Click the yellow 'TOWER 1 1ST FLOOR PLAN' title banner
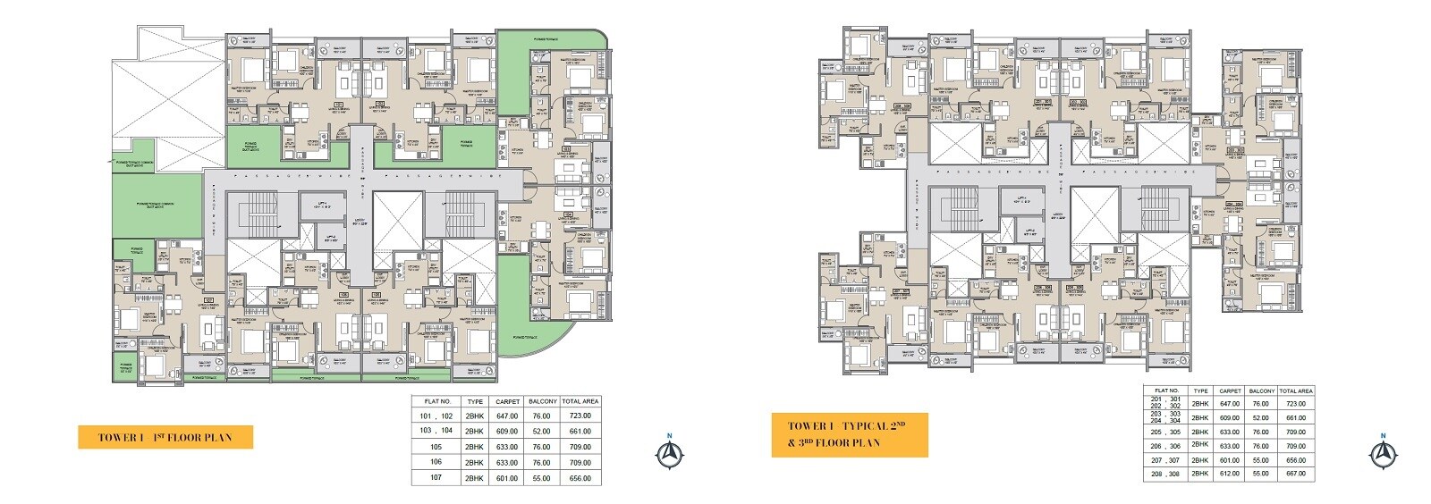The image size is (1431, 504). pos(165,437)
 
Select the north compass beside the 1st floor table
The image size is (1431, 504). pos(666,453)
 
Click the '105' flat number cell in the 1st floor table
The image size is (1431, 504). pos(437,447)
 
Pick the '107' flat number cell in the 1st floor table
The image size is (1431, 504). pos(437,478)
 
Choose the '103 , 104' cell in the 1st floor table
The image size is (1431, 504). pos(437,431)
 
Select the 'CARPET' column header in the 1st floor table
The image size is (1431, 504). pos(507,401)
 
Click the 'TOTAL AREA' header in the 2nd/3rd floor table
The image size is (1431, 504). pos(1296,391)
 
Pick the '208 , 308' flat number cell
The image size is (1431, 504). pos(1167,473)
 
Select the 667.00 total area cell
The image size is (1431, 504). pos(1296,473)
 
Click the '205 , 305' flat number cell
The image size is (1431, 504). pos(1167,432)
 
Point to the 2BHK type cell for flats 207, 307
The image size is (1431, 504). pos(1200,459)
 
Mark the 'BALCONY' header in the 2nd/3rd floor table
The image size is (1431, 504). pos(1261,391)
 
